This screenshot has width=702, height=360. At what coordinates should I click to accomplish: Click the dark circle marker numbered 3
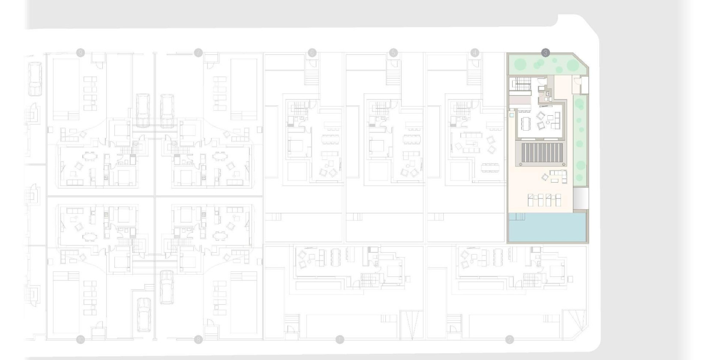[545, 53]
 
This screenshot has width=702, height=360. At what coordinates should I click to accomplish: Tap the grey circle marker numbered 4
[474, 53]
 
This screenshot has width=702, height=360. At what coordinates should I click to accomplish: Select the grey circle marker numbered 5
[393, 53]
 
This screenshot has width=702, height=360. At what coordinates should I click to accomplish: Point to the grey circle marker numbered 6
[312, 53]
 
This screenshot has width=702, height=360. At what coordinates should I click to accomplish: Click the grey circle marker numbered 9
[80, 53]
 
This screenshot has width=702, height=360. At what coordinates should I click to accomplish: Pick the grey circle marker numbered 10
[80, 340]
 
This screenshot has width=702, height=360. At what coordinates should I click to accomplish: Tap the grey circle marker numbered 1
[339, 340]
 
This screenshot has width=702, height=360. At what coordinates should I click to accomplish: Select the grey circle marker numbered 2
[509, 340]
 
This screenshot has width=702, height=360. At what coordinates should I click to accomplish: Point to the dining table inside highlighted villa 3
[526, 123]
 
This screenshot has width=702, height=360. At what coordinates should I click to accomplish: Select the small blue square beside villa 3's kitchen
[512, 114]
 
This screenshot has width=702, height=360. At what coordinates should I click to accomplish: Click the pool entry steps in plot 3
[517, 216]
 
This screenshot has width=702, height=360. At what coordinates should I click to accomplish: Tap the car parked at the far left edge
[34, 79]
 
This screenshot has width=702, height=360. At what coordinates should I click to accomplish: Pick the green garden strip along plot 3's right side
[580, 141]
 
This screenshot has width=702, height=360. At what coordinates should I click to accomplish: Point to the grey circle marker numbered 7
[198, 53]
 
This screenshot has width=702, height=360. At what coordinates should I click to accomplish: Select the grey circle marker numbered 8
[198, 340]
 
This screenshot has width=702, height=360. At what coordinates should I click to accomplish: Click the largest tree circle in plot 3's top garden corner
[572, 65]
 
